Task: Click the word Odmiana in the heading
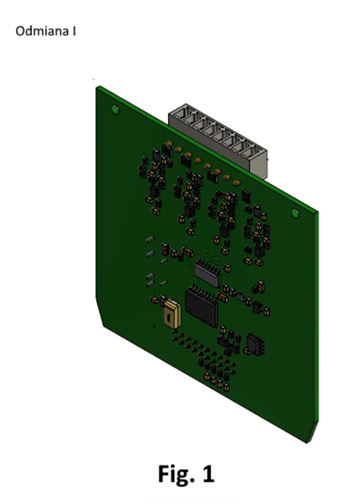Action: coord(42,31)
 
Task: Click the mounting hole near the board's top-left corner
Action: coord(115,109)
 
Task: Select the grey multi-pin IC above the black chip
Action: coord(207,272)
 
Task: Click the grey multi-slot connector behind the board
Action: coord(218,139)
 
